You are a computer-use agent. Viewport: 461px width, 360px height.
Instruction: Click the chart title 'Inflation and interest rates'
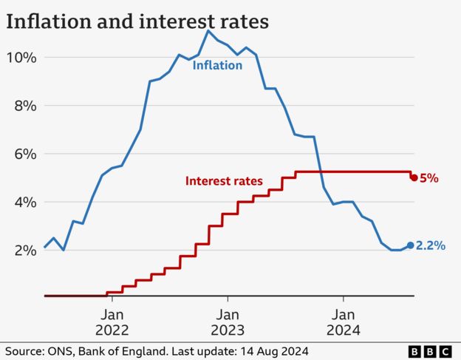[x=137, y=21]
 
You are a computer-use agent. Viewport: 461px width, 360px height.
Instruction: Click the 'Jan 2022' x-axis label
[x=112, y=322]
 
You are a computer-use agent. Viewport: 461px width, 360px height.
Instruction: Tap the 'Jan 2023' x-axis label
[x=228, y=322]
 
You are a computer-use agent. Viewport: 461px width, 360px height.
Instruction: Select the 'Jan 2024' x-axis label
[x=343, y=322]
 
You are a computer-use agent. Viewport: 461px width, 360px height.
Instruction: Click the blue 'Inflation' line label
[x=217, y=65]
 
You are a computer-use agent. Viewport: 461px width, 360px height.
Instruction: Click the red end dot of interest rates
[x=414, y=177]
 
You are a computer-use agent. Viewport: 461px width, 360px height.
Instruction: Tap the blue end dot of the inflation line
[x=411, y=245]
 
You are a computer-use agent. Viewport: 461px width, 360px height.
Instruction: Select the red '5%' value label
[x=429, y=178]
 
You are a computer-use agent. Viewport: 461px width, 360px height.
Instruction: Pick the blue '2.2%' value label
[x=431, y=246]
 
